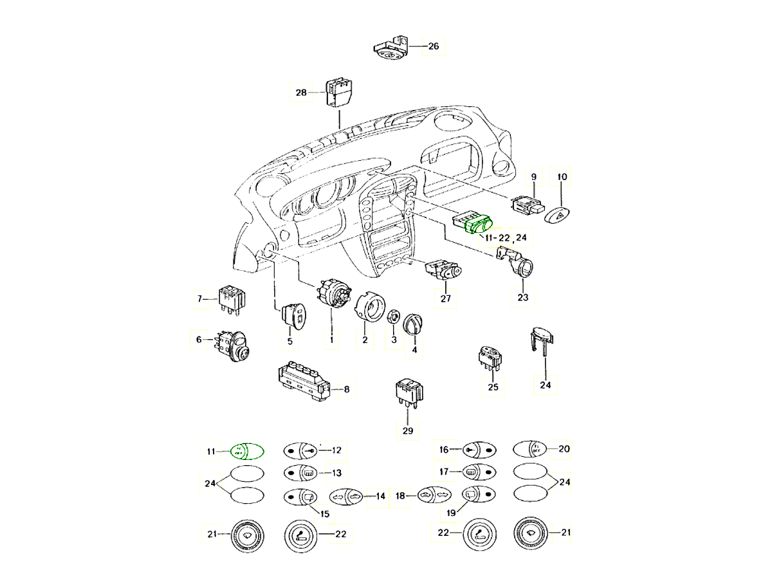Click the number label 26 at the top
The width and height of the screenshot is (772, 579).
(433, 46)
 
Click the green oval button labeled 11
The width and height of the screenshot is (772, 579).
(248, 451)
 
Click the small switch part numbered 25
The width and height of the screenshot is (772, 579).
(492, 358)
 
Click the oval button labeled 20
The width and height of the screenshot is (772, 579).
(529, 450)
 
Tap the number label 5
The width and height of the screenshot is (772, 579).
(289, 341)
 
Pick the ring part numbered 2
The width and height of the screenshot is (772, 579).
(367, 308)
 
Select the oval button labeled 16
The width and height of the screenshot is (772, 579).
(479, 450)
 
